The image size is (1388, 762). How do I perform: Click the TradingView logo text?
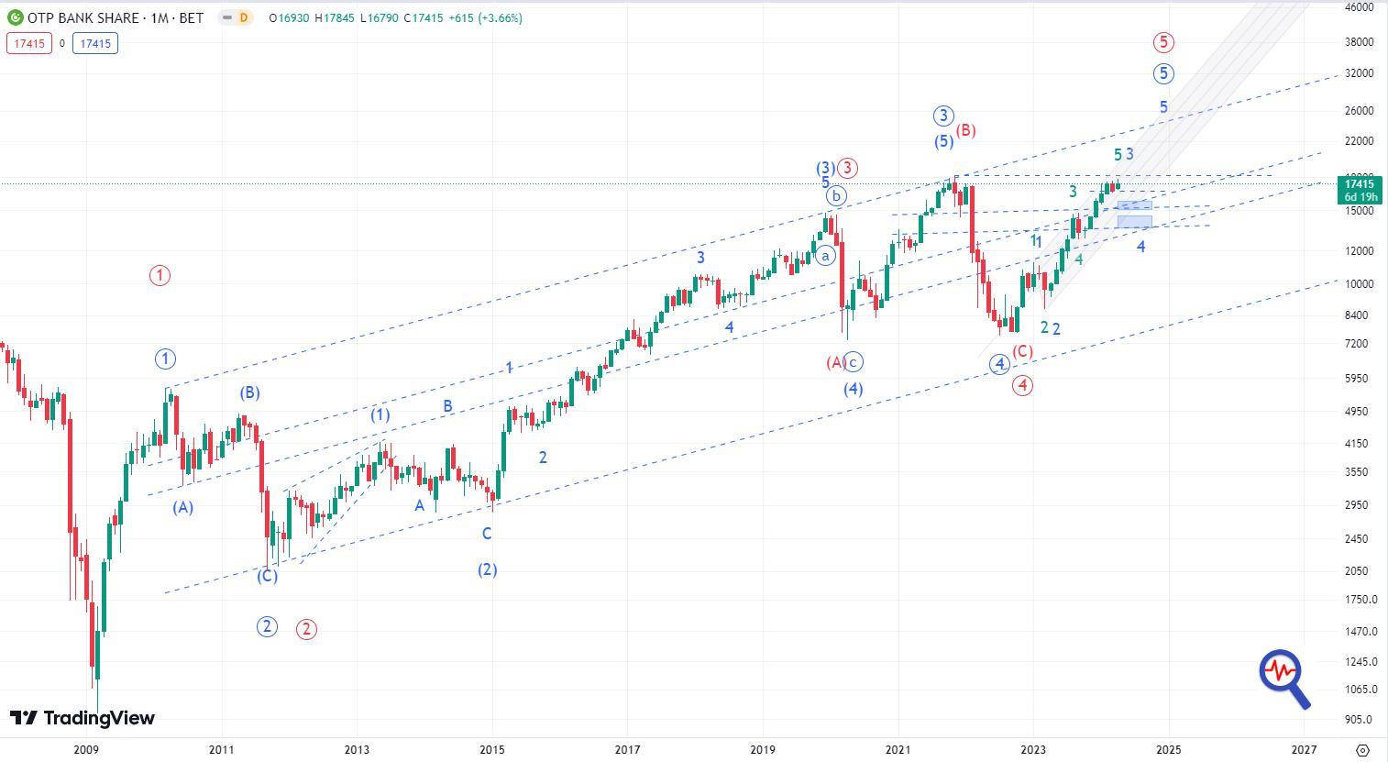[83, 718]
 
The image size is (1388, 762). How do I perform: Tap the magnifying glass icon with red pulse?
[1283, 678]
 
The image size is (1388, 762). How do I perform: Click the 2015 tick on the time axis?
[492, 749]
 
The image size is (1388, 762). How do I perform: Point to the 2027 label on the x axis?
[1304, 749]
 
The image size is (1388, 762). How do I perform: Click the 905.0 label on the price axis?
[1358, 720]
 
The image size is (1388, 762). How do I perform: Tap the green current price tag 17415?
[1358, 190]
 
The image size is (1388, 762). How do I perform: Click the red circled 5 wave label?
[1163, 42]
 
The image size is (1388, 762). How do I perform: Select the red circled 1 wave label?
[160, 275]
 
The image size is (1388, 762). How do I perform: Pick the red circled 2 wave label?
[306, 629]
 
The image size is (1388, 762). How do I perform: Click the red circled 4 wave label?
[1022, 386]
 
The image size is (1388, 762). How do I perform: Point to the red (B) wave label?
[965, 131]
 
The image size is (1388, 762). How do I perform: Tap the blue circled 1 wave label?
[165, 359]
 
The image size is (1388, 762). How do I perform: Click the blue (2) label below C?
[487, 569]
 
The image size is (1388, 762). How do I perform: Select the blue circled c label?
[854, 362]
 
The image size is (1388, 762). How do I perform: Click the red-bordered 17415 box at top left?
[28, 43]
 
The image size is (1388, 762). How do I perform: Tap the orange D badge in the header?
[243, 17]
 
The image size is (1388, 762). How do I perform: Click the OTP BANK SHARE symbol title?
[83, 17]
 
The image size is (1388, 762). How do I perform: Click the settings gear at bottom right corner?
[1363, 750]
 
